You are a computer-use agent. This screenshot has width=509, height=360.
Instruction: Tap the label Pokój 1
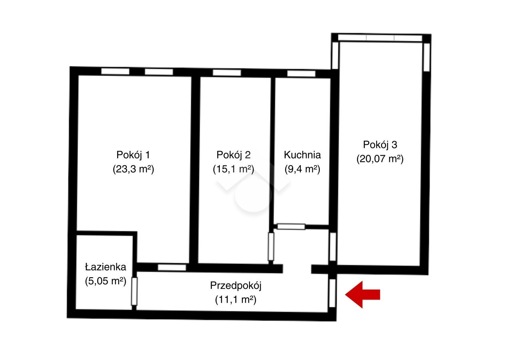[133, 155]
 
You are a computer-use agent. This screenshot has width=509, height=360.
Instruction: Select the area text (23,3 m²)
[134, 169]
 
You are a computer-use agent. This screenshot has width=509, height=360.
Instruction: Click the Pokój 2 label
[234, 155]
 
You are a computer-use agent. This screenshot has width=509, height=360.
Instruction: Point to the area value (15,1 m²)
[234, 169]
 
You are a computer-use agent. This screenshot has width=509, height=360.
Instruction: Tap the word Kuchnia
[302, 155]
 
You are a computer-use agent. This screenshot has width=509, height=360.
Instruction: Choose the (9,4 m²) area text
[302, 169]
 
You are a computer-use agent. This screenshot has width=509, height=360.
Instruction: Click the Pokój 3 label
[380, 145]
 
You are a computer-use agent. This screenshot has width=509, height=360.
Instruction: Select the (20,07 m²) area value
[380, 159]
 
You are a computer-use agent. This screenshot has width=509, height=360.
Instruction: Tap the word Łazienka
[106, 267]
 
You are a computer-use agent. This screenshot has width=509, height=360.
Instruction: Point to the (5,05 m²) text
[106, 281]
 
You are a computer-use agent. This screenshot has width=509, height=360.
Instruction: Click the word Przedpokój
[236, 286]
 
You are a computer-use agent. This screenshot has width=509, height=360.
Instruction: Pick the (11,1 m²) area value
[236, 300]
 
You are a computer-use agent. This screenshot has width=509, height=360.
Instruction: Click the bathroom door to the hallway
[134, 291]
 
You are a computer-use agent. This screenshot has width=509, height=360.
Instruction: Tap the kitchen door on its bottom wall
[291, 226]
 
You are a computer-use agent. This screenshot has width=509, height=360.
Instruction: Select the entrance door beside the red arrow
[332, 293]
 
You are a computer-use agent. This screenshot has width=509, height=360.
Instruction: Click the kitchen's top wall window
[301, 74]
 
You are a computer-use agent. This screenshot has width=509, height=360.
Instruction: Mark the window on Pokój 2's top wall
[227, 73]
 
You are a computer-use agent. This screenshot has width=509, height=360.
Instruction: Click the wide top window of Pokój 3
[380, 38]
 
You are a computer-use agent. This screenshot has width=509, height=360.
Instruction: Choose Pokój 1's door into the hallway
[172, 267]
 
